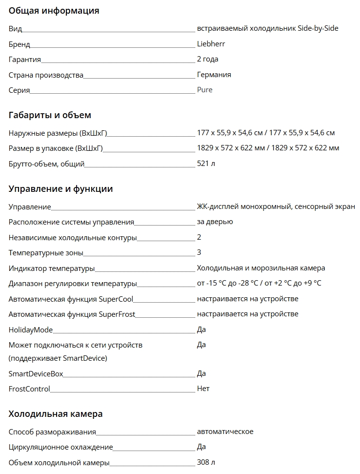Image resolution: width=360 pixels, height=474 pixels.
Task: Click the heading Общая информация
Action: (x=54, y=11)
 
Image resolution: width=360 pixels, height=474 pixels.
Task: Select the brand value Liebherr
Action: (x=211, y=44)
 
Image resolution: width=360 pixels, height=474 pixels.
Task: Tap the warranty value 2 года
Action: (x=207, y=59)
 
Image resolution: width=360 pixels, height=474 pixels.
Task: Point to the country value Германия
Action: (x=214, y=75)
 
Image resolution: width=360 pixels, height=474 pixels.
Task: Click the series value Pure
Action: (x=204, y=90)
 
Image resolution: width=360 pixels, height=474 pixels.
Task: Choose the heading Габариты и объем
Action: (x=50, y=115)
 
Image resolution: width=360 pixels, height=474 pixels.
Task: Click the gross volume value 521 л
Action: (x=206, y=163)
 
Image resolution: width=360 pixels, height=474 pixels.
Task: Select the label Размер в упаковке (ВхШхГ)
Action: (x=56, y=148)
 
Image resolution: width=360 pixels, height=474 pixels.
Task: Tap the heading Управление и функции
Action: (x=60, y=189)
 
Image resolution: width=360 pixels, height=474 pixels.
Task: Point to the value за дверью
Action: (x=215, y=222)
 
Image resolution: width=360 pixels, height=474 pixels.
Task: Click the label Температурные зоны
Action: (x=46, y=253)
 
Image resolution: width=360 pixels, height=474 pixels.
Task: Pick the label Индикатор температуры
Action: (x=52, y=268)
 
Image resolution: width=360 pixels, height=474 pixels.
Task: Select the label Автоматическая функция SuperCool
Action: (x=71, y=299)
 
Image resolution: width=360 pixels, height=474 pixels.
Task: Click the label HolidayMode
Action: (x=31, y=330)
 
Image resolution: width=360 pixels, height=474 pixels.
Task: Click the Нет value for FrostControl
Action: (x=203, y=389)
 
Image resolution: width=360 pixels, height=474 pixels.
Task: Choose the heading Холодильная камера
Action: (x=56, y=414)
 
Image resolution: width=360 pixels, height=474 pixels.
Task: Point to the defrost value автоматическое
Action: (x=225, y=432)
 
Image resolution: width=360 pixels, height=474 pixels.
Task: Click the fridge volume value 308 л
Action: (x=206, y=462)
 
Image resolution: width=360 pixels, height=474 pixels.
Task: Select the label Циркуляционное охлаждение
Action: (x=60, y=447)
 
